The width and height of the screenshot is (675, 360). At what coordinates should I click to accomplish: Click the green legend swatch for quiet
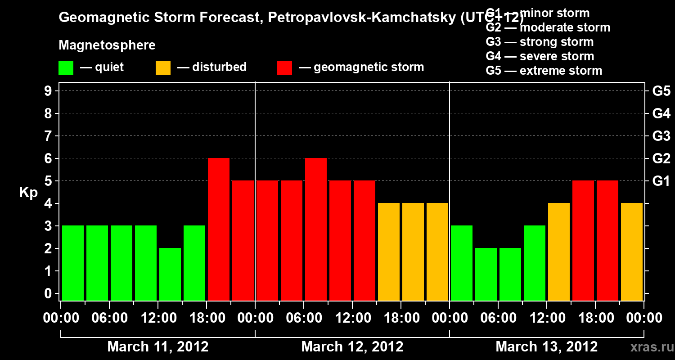click(x=66, y=67)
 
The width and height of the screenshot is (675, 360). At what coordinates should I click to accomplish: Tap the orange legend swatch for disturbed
click(x=163, y=67)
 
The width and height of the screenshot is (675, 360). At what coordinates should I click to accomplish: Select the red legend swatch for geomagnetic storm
click(x=284, y=67)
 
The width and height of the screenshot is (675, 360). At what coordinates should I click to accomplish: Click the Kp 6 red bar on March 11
click(x=219, y=229)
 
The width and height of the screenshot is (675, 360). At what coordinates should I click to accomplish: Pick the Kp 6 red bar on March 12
click(x=316, y=229)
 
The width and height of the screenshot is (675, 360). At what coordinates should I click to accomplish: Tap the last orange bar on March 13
click(x=632, y=252)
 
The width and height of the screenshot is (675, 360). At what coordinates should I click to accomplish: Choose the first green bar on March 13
click(x=462, y=263)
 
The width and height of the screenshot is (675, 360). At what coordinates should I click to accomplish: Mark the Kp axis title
click(x=28, y=192)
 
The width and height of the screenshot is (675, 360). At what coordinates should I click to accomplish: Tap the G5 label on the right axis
click(x=661, y=91)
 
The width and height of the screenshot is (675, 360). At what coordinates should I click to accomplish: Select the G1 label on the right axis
click(x=661, y=181)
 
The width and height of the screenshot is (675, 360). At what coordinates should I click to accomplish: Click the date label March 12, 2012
click(x=352, y=346)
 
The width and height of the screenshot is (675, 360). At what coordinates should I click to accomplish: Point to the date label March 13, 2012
click(x=547, y=346)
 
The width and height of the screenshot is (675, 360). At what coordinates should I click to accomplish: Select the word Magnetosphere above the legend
click(x=107, y=45)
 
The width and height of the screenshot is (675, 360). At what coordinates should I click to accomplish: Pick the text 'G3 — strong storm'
click(x=540, y=42)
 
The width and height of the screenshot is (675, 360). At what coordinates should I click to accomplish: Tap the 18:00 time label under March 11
click(x=207, y=318)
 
